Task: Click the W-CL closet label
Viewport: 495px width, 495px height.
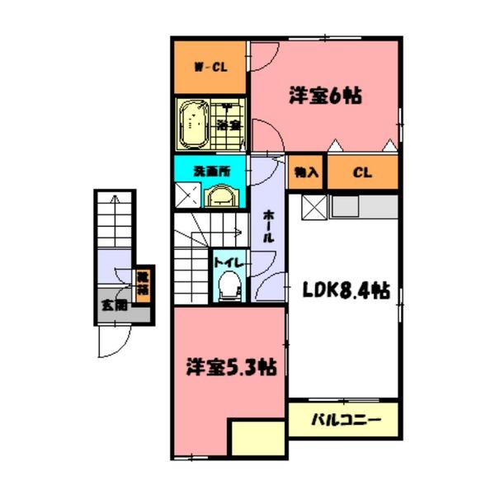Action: tap(211, 68)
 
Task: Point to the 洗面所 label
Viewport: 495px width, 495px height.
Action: tap(211, 172)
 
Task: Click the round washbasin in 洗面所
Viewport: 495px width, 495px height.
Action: tap(220, 196)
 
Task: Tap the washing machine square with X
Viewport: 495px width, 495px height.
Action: tap(187, 195)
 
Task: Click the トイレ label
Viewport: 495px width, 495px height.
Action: tap(228, 262)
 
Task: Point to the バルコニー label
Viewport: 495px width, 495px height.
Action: tap(345, 420)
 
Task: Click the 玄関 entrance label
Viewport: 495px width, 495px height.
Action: tap(114, 304)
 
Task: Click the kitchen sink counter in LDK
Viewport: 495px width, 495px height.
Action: tap(364, 207)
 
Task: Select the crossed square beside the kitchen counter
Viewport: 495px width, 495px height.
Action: tap(316, 208)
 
